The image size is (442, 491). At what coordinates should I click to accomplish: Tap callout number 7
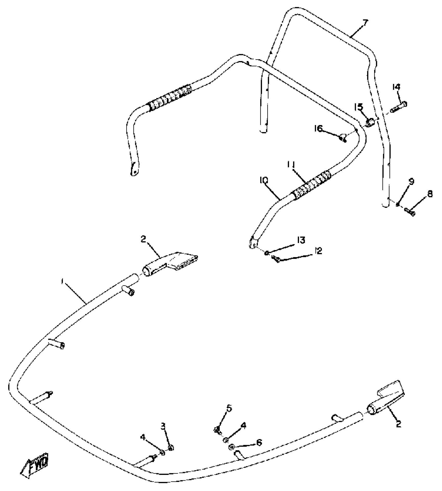[365, 23]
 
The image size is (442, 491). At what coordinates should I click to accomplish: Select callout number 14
[396, 87]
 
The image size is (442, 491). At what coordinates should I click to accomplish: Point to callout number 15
[359, 107]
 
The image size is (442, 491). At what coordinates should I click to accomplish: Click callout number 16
[318, 128]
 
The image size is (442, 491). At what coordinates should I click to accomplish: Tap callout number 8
[430, 194]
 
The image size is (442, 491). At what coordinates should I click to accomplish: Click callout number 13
[301, 240]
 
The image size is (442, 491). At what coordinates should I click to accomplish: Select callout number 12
[318, 251]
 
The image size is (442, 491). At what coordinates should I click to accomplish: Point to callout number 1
[62, 281]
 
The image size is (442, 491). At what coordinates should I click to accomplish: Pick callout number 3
[163, 427]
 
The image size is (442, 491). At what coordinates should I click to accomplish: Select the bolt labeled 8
[409, 213]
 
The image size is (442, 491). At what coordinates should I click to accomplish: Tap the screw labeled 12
[275, 259]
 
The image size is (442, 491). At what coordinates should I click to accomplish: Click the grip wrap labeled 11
[312, 183]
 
